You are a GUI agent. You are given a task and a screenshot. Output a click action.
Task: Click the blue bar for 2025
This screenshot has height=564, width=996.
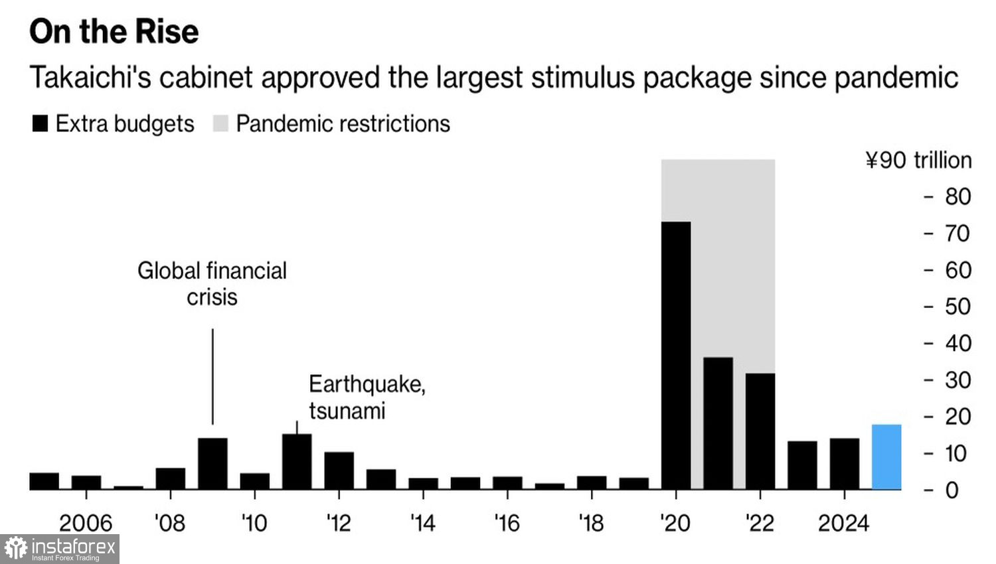[x=886, y=457]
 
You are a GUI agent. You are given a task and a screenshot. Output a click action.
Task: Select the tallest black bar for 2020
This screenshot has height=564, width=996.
[x=676, y=356]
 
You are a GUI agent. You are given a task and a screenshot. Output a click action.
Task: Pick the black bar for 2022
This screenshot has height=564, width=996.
[x=760, y=431]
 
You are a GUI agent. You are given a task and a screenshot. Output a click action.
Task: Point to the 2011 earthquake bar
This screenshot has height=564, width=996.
[x=297, y=462]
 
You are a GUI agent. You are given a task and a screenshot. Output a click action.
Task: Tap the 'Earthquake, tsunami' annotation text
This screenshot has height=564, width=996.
[x=367, y=397]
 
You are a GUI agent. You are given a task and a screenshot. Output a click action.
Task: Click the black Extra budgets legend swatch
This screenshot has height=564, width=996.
[x=40, y=123]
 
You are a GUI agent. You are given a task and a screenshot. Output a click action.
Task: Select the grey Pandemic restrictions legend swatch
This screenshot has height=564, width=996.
[x=220, y=123]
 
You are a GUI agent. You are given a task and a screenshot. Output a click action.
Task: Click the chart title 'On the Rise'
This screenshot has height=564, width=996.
[x=114, y=31]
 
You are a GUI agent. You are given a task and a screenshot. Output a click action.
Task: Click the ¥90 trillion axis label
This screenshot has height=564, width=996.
[x=918, y=160]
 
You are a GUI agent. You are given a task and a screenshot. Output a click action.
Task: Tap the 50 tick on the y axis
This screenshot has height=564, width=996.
[x=957, y=307]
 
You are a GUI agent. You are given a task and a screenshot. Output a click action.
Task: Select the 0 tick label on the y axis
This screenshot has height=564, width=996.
[x=952, y=490]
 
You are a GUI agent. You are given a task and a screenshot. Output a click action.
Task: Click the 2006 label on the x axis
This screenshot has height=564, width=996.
[x=86, y=523]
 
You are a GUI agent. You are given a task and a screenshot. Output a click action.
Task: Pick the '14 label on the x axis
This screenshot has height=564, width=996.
[x=422, y=523]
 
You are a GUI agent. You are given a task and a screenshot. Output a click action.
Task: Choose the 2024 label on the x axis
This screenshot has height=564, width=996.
[x=843, y=523]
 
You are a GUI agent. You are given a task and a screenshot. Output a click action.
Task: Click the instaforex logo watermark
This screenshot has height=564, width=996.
[x=60, y=549]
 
